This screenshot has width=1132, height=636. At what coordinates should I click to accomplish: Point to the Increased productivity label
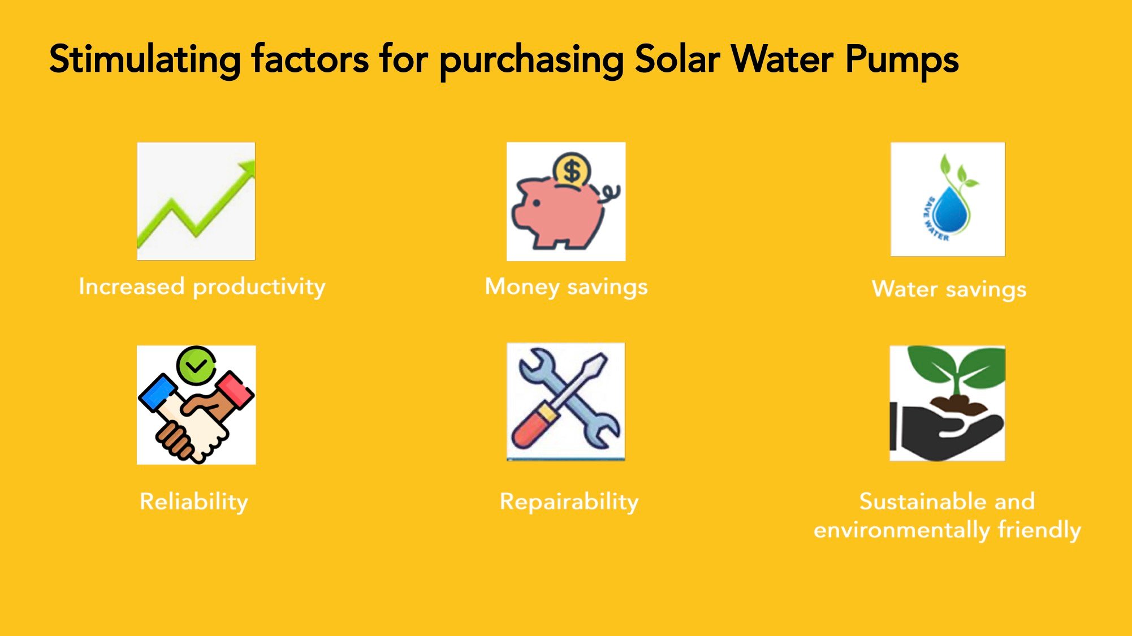pyautogui.click(x=202, y=287)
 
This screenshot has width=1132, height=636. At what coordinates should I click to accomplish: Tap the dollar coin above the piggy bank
pyautogui.click(x=572, y=170)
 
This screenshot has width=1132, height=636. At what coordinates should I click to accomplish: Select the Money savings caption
pyautogui.click(x=566, y=287)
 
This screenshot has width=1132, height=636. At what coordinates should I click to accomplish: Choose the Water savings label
pyautogui.click(x=949, y=289)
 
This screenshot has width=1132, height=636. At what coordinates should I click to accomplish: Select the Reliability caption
pyautogui.click(x=194, y=502)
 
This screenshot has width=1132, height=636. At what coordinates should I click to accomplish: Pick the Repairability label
pyautogui.click(x=569, y=502)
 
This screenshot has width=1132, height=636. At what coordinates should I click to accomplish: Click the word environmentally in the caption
pyautogui.click(x=901, y=530)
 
